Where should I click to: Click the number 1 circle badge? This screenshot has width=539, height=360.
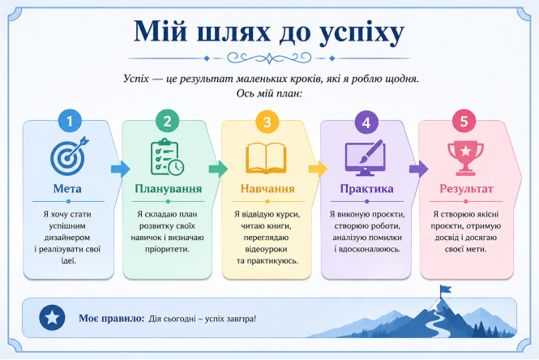click(x=70, y=121)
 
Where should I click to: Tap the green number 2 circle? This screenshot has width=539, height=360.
click(x=168, y=121)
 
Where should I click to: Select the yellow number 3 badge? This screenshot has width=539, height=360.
click(x=267, y=122)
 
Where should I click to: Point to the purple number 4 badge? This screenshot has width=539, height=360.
click(x=366, y=122)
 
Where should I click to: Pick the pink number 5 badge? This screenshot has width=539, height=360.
click(x=464, y=121)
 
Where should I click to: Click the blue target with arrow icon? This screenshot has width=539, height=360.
click(x=69, y=156)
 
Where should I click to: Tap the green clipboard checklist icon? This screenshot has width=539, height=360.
click(x=167, y=157)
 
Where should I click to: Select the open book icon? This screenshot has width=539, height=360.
click(x=266, y=158)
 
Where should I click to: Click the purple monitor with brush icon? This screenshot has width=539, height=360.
click(x=365, y=158)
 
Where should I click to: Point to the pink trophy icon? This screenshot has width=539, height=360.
click(x=465, y=158)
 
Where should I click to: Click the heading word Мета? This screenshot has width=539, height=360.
click(x=67, y=188)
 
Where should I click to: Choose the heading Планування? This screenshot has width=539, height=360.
click(x=168, y=188)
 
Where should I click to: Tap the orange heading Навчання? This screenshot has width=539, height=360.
click(x=267, y=188)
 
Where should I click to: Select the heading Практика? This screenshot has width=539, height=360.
click(x=367, y=188)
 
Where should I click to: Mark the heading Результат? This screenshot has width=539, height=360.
click(x=467, y=188)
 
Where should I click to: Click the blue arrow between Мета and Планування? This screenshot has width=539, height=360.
click(x=120, y=169)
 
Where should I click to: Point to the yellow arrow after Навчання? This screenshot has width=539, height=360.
click(x=318, y=169)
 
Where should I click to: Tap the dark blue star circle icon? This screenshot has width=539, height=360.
click(x=52, y=318)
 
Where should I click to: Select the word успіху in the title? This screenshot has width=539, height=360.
click(x=361, y=32)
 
